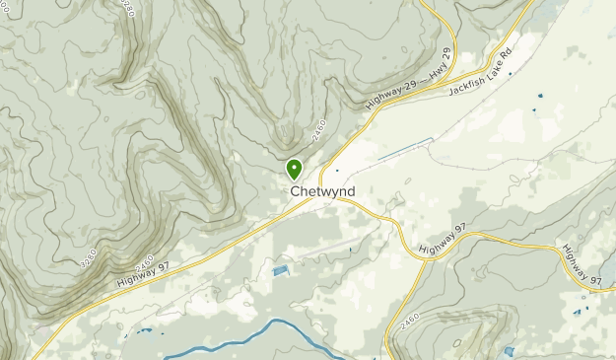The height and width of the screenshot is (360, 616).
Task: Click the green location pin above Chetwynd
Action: point(294,169)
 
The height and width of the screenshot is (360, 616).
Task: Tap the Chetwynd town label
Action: point(322,191)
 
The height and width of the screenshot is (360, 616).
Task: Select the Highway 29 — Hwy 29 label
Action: point(406,80)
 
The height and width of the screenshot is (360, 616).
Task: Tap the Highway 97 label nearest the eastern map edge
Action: point(582,266)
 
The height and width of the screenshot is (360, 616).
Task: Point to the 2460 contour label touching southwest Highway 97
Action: point(144,263)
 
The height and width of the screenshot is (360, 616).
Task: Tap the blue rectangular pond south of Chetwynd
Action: point(281,269)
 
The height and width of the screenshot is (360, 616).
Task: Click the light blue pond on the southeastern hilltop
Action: point(508,350)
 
